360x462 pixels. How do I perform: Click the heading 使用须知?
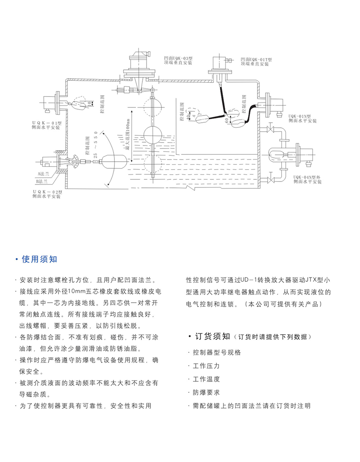pyautogui.click(x=39, y=259)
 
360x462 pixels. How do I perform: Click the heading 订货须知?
pyautogui.click(x=212, y=337)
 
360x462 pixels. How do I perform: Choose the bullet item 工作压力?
pyautogui.click(x=206, y=366)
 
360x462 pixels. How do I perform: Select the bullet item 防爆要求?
pyautogui.click(x=206, y=393)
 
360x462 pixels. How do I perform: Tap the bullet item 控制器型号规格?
pyautogui.click(x=216, y=353)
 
